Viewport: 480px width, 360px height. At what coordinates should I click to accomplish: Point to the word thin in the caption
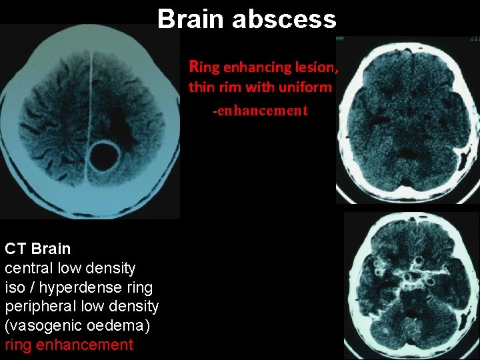201,87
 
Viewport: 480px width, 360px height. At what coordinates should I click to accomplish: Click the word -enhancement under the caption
260,111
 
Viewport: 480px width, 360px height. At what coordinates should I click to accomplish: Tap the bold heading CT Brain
37,249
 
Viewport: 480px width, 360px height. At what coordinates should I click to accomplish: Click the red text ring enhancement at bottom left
69,345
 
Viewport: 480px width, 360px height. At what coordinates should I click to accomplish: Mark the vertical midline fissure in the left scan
89,100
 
